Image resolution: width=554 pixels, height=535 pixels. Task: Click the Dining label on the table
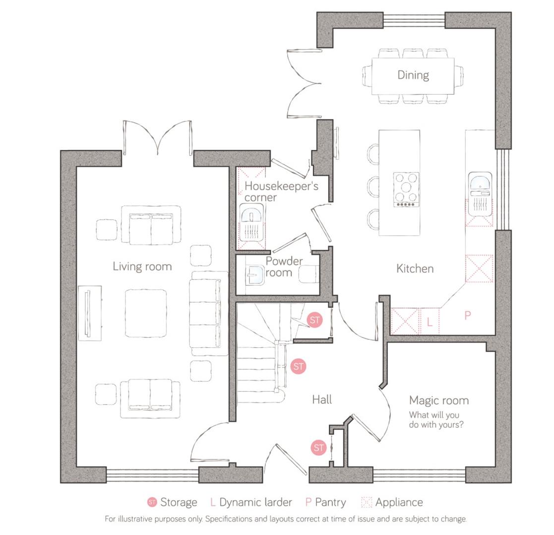[413, 75]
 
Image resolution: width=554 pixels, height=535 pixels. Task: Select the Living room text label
[142, 267]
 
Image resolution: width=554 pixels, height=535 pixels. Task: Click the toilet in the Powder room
[308, 274]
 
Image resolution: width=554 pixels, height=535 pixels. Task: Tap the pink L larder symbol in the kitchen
[430, 322]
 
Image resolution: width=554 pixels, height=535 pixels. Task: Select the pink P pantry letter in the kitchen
[467, 315]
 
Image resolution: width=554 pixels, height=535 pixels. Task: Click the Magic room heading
[438, 400]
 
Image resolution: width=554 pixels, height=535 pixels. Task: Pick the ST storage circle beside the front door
[318, 448]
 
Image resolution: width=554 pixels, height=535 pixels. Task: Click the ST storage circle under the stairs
[298, 367]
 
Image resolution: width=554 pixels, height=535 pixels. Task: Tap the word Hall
[322, 399]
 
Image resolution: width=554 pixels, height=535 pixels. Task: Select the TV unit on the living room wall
[89, 313]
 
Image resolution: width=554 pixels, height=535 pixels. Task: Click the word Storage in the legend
[179, 502]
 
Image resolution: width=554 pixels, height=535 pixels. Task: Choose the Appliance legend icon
[367, 502]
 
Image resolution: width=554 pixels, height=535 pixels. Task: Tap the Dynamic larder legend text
[255, 502]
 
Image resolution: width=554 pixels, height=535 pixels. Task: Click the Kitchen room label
[415, 268]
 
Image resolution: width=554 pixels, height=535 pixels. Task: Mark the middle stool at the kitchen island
[373, 186]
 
